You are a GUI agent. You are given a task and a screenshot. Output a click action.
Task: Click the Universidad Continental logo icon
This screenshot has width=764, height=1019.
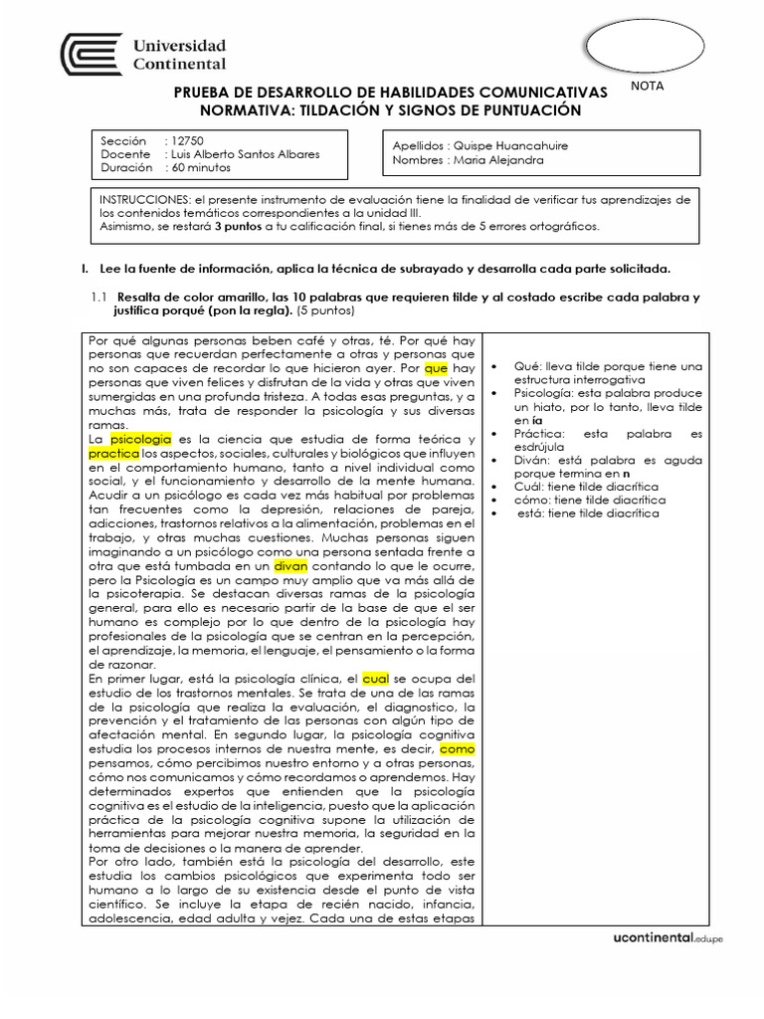[x=92, y=55]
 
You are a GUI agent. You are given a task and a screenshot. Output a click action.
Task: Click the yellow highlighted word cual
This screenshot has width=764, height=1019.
[x=375, y=677]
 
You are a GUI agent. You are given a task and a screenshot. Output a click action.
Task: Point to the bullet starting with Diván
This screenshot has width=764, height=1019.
[x=608, y=467]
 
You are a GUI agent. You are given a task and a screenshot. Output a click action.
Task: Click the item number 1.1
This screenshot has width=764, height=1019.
[x=98, y=298]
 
